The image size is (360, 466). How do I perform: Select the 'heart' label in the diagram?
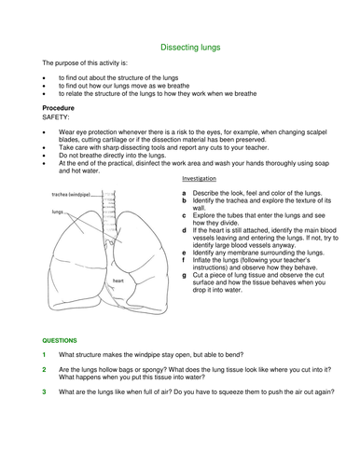pos(118,280)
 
